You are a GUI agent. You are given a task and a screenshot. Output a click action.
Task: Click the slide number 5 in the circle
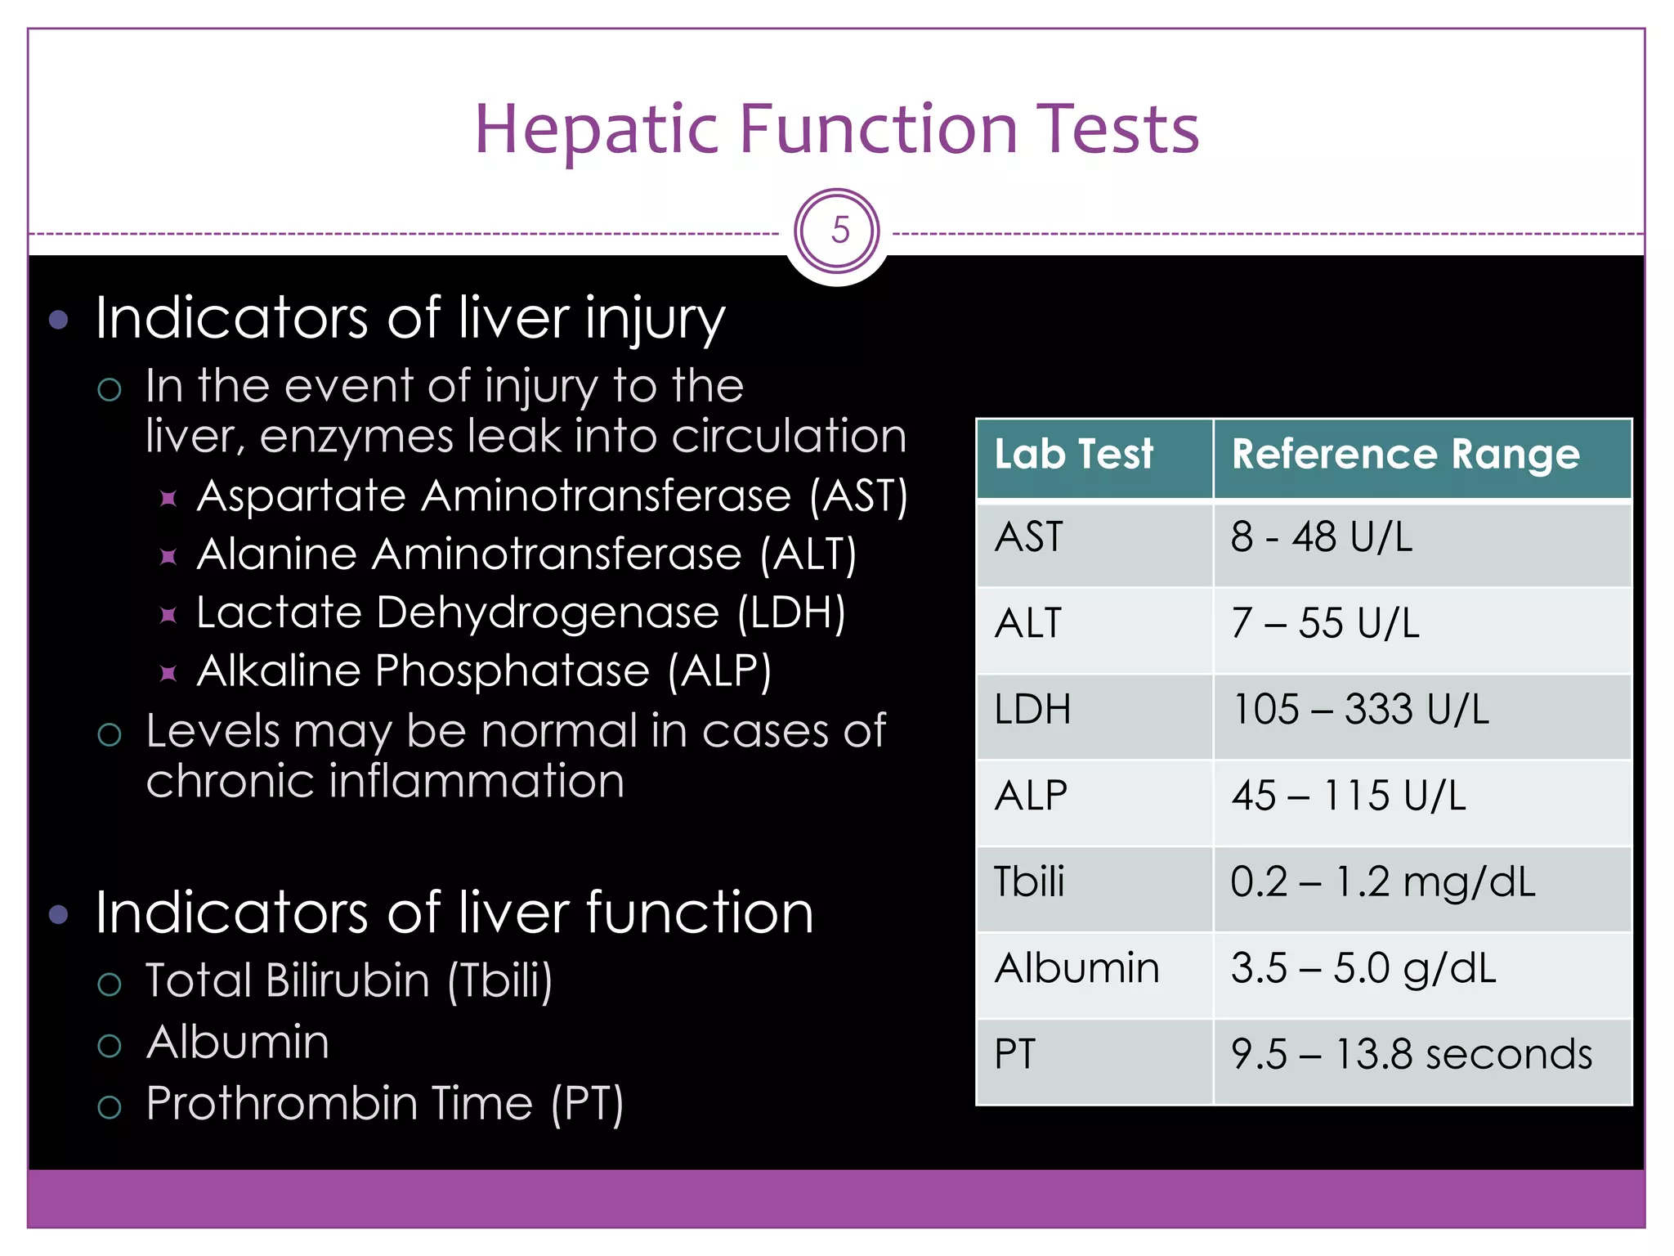pyautogui.click(x=839, y=231)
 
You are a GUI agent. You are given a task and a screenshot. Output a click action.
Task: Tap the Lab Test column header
pyautogui.click(x=1073, y=454)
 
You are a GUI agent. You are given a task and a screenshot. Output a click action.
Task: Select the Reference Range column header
pyautogui.click(x=1405, y=454)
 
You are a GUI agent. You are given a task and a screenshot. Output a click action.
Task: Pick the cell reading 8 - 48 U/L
pyautogui.click(x=1321, y=538)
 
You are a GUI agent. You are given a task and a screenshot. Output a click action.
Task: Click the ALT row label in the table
pyautogui.click(x=1028, y=624)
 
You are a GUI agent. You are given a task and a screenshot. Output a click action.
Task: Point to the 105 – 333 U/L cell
pyautogui.click(x=1360, y=710)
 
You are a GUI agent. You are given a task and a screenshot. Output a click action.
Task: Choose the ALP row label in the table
pyautogui.click(x=1031, y=796)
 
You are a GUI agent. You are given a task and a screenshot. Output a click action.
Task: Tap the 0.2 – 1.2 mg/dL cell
pyautogui.click(x=1382, y=882)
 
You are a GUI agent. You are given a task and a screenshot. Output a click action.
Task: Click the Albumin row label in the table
pyautogui.click(x=1076, y=969)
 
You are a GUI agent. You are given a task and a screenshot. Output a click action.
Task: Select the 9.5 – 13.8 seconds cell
pyautogui.click(x=1412, y=1055)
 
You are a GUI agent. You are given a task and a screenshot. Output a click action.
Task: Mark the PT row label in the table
pyautogui.click(x=1014, y=1055)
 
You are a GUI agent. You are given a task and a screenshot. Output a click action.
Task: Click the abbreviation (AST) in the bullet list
pyautogui.click(x=858, y=496)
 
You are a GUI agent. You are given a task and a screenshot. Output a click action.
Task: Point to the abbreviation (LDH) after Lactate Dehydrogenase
pyautogui.click(x=791, y=613)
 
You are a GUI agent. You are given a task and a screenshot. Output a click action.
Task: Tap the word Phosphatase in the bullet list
pyautogui.click(x=512, y=671)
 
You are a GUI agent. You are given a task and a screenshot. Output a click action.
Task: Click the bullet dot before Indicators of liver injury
pyautogui.click(x=59, y=319)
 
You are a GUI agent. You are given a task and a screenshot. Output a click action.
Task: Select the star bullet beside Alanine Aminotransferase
pyautogui.click(x=168, y=557)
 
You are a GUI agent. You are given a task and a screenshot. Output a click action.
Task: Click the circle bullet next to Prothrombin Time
pyautogui.click(x=110, y=1107)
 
